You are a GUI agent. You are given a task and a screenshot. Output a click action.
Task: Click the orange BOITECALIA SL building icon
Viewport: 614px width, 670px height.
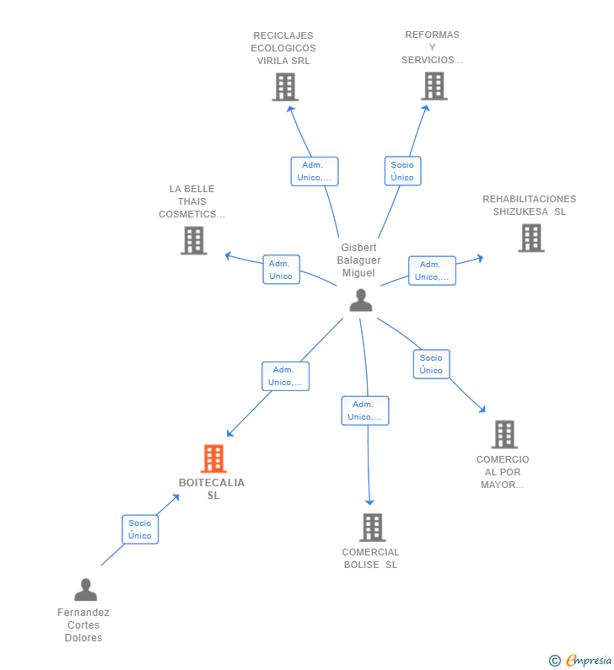(x=213, y=458)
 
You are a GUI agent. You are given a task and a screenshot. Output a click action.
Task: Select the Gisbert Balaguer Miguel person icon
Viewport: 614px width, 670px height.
(x=361, y=300)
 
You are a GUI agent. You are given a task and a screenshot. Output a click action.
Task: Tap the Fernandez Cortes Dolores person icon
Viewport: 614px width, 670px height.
(x=85, y=589)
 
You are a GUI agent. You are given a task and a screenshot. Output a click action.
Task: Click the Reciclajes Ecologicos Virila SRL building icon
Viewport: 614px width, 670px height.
(x=285, y=87)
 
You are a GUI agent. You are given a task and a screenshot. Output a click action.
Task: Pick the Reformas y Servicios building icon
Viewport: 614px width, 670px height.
(x=434, y=86)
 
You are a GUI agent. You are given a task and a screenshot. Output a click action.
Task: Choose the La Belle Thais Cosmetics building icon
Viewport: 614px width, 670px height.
(x=194, y=240)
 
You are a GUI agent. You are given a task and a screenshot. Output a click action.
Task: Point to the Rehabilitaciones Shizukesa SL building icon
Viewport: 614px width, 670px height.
(x=531, y=238)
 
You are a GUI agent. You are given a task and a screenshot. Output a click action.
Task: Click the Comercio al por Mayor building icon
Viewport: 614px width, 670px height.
(x=504, y=434)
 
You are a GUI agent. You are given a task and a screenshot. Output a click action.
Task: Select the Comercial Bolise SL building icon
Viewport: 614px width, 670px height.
(x=372, y=528)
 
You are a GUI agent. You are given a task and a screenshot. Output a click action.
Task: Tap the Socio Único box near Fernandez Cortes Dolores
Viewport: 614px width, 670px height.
(x=140, y=529)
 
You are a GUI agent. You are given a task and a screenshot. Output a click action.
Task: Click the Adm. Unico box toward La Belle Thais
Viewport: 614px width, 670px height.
(x=281, y=270)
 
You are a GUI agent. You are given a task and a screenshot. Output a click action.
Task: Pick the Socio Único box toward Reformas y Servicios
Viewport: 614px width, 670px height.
(x=402, y=171)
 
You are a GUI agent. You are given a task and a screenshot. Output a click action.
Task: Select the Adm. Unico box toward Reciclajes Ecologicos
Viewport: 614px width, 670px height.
(x=314, y=171)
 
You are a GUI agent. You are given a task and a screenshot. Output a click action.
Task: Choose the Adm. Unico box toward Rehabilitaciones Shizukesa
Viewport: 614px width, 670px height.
(x=432, y=271)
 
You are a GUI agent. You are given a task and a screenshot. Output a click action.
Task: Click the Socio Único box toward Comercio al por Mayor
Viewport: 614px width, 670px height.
(x=431, y=364)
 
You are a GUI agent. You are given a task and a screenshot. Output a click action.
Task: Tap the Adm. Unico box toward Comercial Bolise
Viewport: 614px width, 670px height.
(x=364, y=410)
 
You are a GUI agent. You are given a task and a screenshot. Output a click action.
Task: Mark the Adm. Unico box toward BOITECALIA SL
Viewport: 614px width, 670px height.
(x=286, y=376)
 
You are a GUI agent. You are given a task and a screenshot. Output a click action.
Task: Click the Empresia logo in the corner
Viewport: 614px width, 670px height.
(x=581, y=660)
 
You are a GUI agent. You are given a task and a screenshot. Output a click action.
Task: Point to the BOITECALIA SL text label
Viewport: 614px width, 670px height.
(x=212, y=489)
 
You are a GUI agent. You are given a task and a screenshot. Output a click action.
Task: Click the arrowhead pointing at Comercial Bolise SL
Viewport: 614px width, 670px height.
(x=369, y=502)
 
